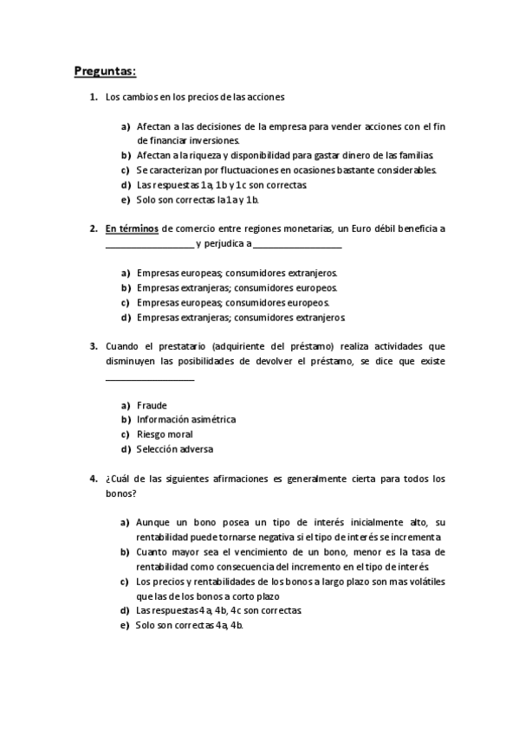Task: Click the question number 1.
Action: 93,97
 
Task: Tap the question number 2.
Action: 93,229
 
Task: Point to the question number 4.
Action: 93,479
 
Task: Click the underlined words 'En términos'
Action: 133,229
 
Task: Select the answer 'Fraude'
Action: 152,405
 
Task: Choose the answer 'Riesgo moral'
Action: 165,435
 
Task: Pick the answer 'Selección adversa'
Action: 174,449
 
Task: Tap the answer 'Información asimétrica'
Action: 185,420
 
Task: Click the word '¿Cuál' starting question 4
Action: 118,479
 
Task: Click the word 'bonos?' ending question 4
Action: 120,493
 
